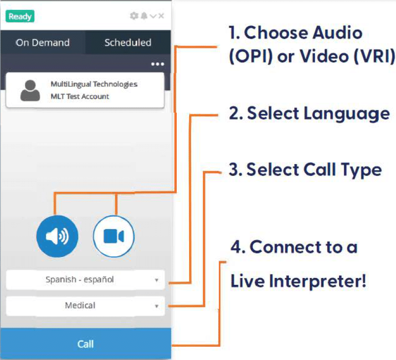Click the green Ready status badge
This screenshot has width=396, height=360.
tap(20, 16)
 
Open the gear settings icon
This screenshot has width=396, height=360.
tap(134, 16)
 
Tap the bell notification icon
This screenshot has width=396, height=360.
tap(144, 16)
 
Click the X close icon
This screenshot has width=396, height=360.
tap(161, 16)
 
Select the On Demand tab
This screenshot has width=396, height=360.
tap(43, 42)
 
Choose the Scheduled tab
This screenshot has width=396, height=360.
tap(128, 42)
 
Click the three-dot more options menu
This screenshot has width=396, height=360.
tap(158, 64)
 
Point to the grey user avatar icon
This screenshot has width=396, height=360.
tap(30, 90)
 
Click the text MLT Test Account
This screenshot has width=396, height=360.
tap(80, 97)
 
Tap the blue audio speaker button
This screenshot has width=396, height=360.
tap(57, 236)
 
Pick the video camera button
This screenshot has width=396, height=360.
tap(113, 236)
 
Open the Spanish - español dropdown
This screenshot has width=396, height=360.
tap(85, 280)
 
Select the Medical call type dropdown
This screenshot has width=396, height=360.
tap(85, 306)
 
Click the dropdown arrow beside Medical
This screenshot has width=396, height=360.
tap(157, 306)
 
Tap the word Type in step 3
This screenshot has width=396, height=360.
tap(361, 170)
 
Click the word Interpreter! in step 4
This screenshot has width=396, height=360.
tap(318, 280)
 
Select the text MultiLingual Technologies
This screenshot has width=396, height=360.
tap(94, 84)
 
